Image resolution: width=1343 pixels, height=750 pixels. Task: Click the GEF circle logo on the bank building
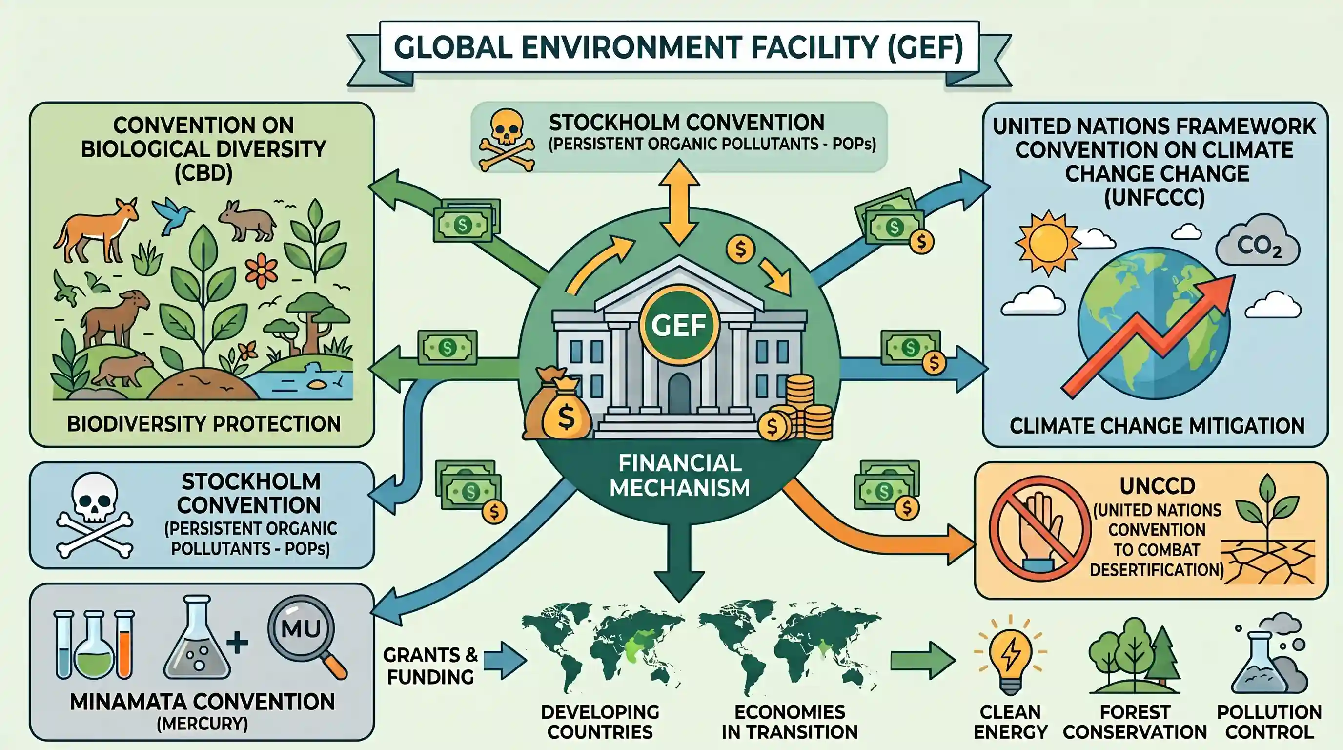(x=679, y=324)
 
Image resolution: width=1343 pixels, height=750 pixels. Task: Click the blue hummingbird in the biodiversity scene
(x=173, y=214)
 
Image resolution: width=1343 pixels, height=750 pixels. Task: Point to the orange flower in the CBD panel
(x=261, y=271)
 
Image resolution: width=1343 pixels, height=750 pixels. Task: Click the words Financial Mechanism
(x=679, y=475)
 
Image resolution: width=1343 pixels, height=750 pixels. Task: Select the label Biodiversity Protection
(x=204, y=424)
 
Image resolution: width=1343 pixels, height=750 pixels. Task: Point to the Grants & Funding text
(x=430, y=666)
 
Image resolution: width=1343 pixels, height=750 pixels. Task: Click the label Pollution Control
(x=1269, y=722)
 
